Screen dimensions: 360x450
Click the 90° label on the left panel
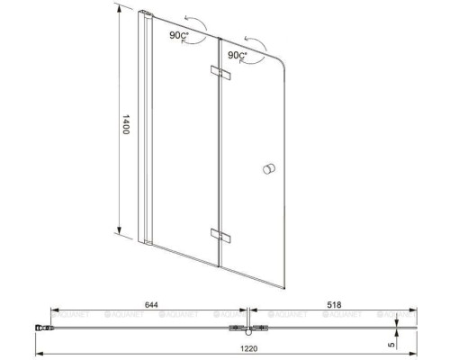(x=178, y=35)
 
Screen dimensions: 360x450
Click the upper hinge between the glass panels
(x=219, y=71)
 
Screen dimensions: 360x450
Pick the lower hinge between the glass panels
(x=219, y=235)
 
